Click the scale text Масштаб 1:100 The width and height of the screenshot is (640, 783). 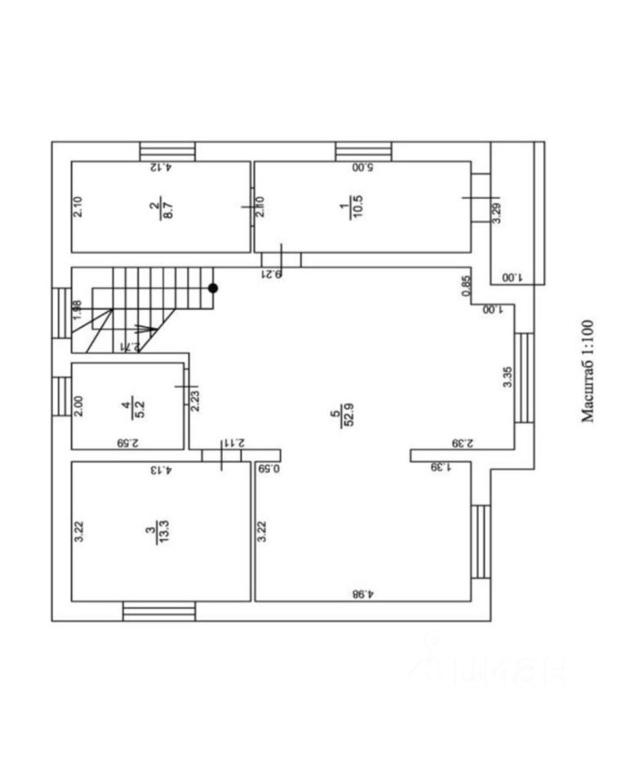coord(589,370)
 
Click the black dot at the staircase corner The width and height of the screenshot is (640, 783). coord(212,288)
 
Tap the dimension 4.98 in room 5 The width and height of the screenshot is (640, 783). coord(364,593)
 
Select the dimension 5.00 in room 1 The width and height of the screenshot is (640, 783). coord(362,168)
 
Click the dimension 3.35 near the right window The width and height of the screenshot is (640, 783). coord(507,379)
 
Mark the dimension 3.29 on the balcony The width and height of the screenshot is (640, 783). coord(497,214)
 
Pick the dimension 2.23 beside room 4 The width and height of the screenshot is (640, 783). coord(195,398)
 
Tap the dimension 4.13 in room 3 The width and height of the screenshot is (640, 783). coord(161,470)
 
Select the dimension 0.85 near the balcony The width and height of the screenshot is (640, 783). coord(466,286)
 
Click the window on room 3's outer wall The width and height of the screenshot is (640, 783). coord(159,611)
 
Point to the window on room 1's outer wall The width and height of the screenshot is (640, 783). coord(363,152)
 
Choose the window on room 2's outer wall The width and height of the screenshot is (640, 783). coord(167,152)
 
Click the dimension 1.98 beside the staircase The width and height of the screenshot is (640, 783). coord(78,312)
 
